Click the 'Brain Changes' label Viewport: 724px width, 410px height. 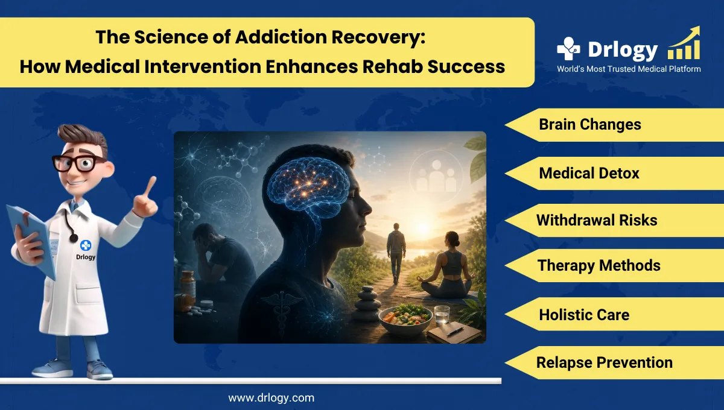pos(589,125)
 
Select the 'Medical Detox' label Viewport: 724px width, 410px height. pos(589,174)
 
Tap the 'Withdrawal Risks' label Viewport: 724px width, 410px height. pos(596,220)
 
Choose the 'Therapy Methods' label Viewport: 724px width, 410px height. pos(599,265)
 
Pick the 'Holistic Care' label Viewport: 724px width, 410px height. pos(583,315)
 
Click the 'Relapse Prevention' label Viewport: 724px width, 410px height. pos(604,362)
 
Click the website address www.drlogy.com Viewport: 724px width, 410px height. pos(271,398)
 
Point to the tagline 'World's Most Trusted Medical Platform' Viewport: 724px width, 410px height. pos(628,69)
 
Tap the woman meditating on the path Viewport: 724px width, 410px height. pos(449,268)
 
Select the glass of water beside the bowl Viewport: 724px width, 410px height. pos(442,315)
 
